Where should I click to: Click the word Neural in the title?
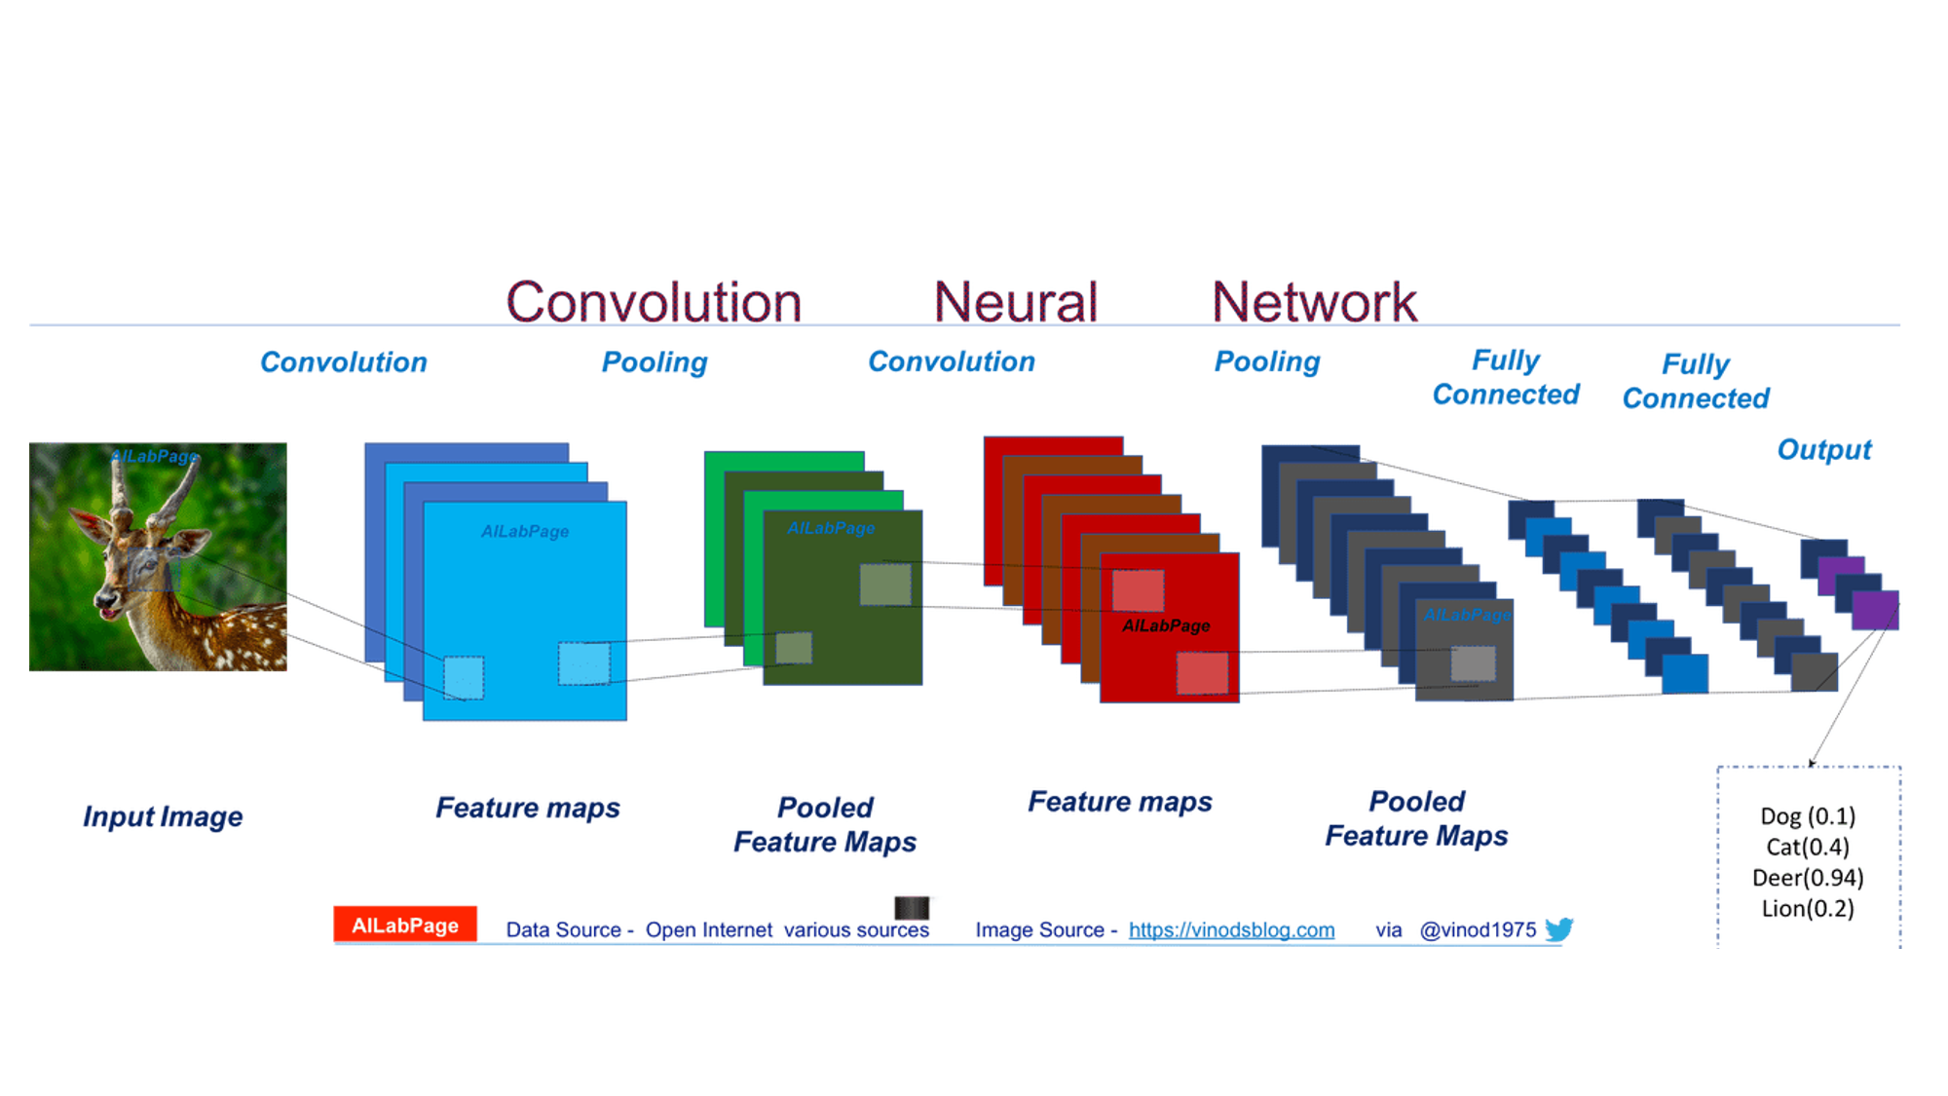click(x=1015, y=302)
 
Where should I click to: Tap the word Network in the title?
click(x=1314, y=302)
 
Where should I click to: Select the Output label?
click(x=1823, y=450)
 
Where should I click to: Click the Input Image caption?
click(x=163, y=816)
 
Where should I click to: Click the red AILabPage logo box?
click(x=405, y=925)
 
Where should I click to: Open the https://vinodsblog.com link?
click(x=1231, y=930)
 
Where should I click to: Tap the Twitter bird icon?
click(x=1558, y=929)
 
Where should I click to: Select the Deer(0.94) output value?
click(x=1808, y=878)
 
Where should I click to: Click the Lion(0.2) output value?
click(x=1808, y=909)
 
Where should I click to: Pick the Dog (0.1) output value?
click(x=1808, y=816)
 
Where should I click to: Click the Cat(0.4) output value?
click(x=1808, y=848)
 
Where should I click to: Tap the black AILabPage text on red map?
click(x=1166, y=625)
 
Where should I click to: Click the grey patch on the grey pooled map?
click(x=1473, y=664)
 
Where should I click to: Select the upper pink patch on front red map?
click(x=1138, y=590)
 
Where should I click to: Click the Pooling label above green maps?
click(x=655, y=362)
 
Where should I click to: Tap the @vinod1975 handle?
click(x=1478, y=930)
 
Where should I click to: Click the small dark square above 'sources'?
click(x=912, y=908)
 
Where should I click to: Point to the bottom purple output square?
click(x=1875, y=611)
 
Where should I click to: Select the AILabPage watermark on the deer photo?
click(x=154, y=456)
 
